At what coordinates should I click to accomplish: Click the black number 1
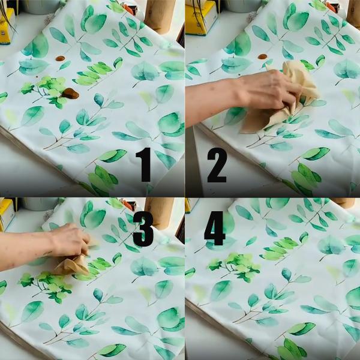point(144,164)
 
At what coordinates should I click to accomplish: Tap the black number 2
point(217,164)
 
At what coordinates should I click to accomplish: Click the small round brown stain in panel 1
point(59,59)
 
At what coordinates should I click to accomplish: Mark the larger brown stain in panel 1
point(70,93)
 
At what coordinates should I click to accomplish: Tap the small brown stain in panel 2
point(262,56)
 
